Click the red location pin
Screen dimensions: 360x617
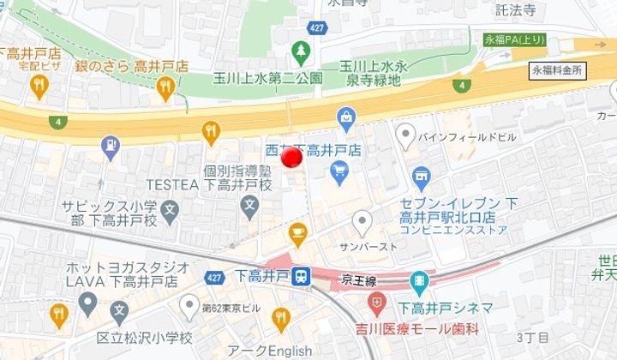coord(292,158)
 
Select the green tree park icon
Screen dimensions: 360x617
coord(301,54)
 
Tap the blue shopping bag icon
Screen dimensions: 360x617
coord(346,116)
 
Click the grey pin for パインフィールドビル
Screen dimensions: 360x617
coord(404,135)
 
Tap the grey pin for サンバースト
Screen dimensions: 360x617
coord(364,224)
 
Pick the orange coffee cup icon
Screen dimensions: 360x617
coord(297,231)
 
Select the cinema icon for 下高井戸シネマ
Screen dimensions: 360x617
coord(419,279)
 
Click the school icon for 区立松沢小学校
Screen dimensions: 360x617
coord(119,311)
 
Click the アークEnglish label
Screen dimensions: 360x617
coord(269,351)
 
